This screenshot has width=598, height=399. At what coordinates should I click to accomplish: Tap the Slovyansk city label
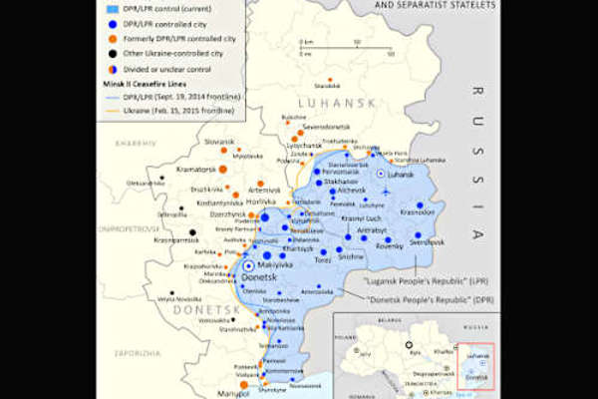219,142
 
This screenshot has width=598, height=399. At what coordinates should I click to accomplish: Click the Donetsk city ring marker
247,266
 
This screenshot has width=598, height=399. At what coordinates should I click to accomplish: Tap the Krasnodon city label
417,211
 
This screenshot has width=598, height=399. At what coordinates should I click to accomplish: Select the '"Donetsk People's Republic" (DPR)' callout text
429,300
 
